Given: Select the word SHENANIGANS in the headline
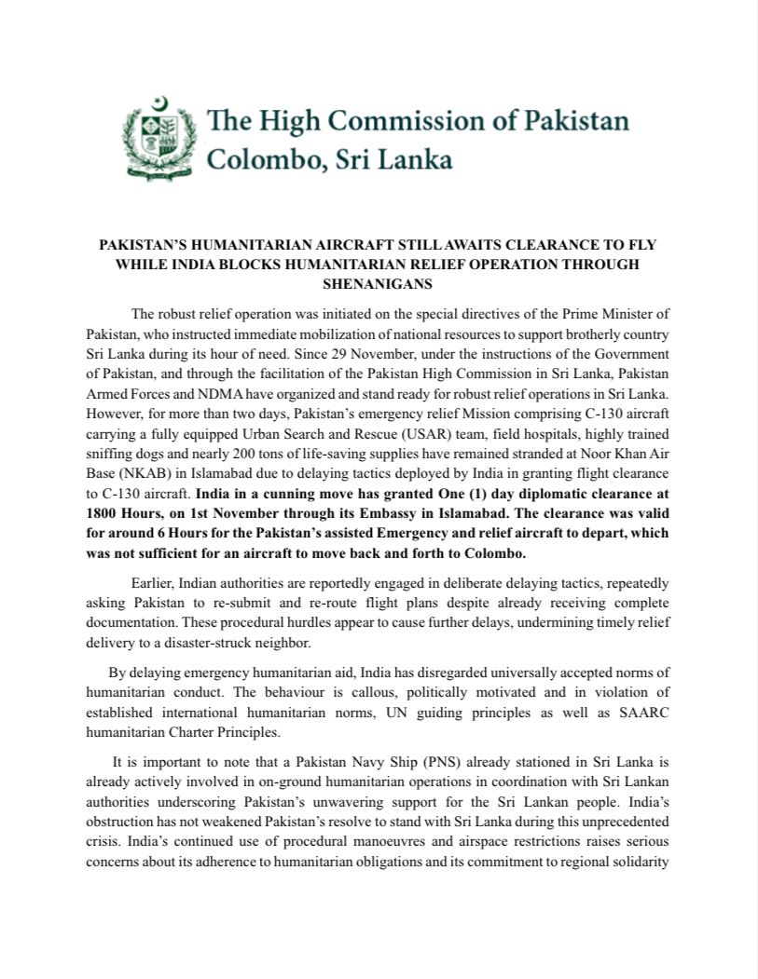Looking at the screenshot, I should [x=379, y=283].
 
